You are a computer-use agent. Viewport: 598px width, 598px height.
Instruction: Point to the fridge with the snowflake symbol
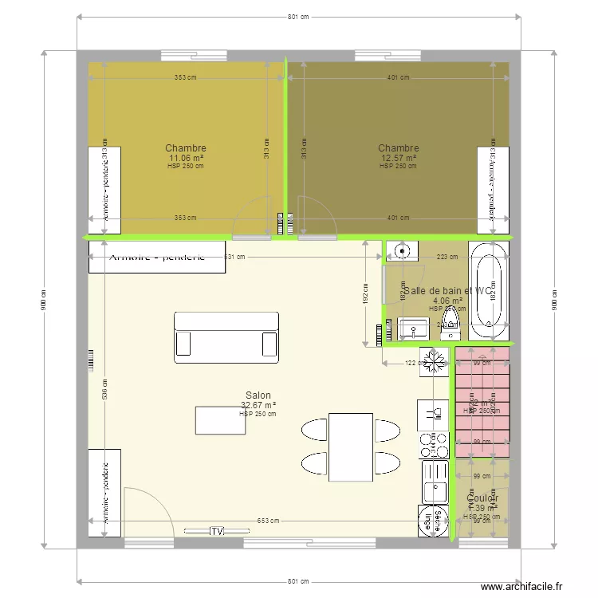pos(435,360)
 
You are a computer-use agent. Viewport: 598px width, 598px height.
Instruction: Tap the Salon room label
pos(258,395)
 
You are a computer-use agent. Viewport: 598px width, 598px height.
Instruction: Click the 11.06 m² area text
pos(186,158)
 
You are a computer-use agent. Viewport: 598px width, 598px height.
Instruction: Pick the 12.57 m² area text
pos(398,158)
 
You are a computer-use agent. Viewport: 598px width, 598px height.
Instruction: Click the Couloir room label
pos(482,498)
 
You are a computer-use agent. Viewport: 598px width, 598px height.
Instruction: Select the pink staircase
pos(482,402)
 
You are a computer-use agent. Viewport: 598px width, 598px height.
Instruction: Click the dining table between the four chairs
pos(351,447)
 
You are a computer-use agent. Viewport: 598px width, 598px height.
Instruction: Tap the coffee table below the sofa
pos(220,420)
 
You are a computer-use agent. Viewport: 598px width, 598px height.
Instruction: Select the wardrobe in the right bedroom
pos(492,191)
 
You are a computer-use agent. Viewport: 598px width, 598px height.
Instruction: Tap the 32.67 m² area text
pos(258,405)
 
